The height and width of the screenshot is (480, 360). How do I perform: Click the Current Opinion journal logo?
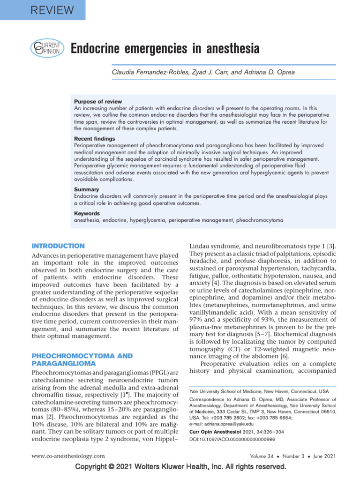point(45,48)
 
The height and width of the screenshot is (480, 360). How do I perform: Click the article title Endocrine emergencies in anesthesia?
point(165,49)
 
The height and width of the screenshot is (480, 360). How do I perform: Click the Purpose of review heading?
point(98,102)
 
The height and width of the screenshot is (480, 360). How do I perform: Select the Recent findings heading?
point(95,139)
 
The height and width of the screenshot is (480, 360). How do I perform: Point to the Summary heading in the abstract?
point(87,189)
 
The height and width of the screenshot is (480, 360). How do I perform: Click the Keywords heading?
point(87,213)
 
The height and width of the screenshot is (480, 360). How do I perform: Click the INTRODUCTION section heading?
point(58,246)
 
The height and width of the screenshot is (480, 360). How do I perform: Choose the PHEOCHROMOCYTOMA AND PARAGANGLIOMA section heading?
point(82,360)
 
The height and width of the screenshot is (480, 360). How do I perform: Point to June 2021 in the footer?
point(324,456)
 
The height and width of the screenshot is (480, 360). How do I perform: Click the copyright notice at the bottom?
point(180,467)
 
